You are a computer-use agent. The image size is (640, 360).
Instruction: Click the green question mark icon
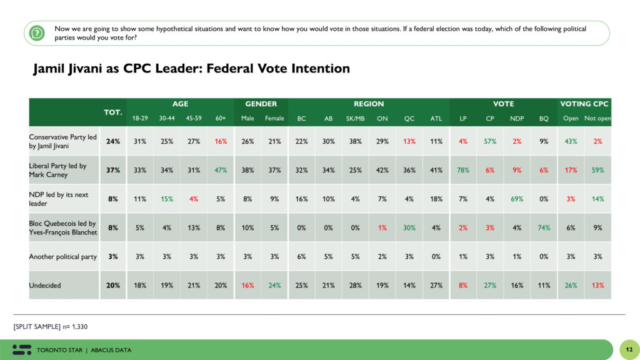(x=37, y=32)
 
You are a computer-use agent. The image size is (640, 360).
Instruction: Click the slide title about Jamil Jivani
(x=191, y=69)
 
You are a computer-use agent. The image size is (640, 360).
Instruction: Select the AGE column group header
(x=180, y=104)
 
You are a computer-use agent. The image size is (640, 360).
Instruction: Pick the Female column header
(x=274, y=118)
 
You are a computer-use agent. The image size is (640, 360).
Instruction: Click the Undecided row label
(x=45, y=286)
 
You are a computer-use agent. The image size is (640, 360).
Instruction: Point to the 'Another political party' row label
(x=62, y=257)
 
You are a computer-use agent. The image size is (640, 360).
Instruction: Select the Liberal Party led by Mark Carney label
(x=57, y=170)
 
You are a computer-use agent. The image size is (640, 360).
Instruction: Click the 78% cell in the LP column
(x=463, y=170)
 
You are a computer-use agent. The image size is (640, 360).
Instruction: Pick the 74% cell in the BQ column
(x=544, y=227)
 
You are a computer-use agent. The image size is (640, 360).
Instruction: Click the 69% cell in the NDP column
(x=517, y=199)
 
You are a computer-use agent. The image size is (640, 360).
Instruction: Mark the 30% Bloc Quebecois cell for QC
(x=409, y=227)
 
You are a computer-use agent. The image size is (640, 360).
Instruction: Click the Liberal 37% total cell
(x=112, y=170)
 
